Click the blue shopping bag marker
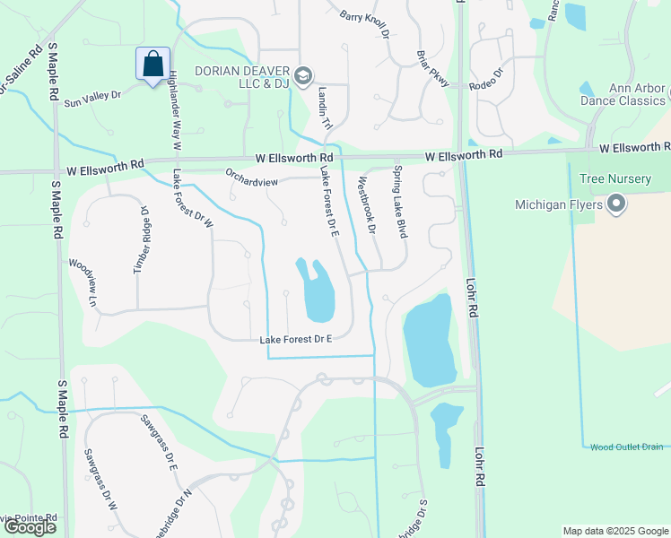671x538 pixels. pos(153,65)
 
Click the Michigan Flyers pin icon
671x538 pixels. pos(615,204)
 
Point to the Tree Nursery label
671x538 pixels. pos(615,178)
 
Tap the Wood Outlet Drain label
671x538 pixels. pos(627,447)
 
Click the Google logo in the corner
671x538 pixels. pos(30,527)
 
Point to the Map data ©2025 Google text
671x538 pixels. pos(614,531)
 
